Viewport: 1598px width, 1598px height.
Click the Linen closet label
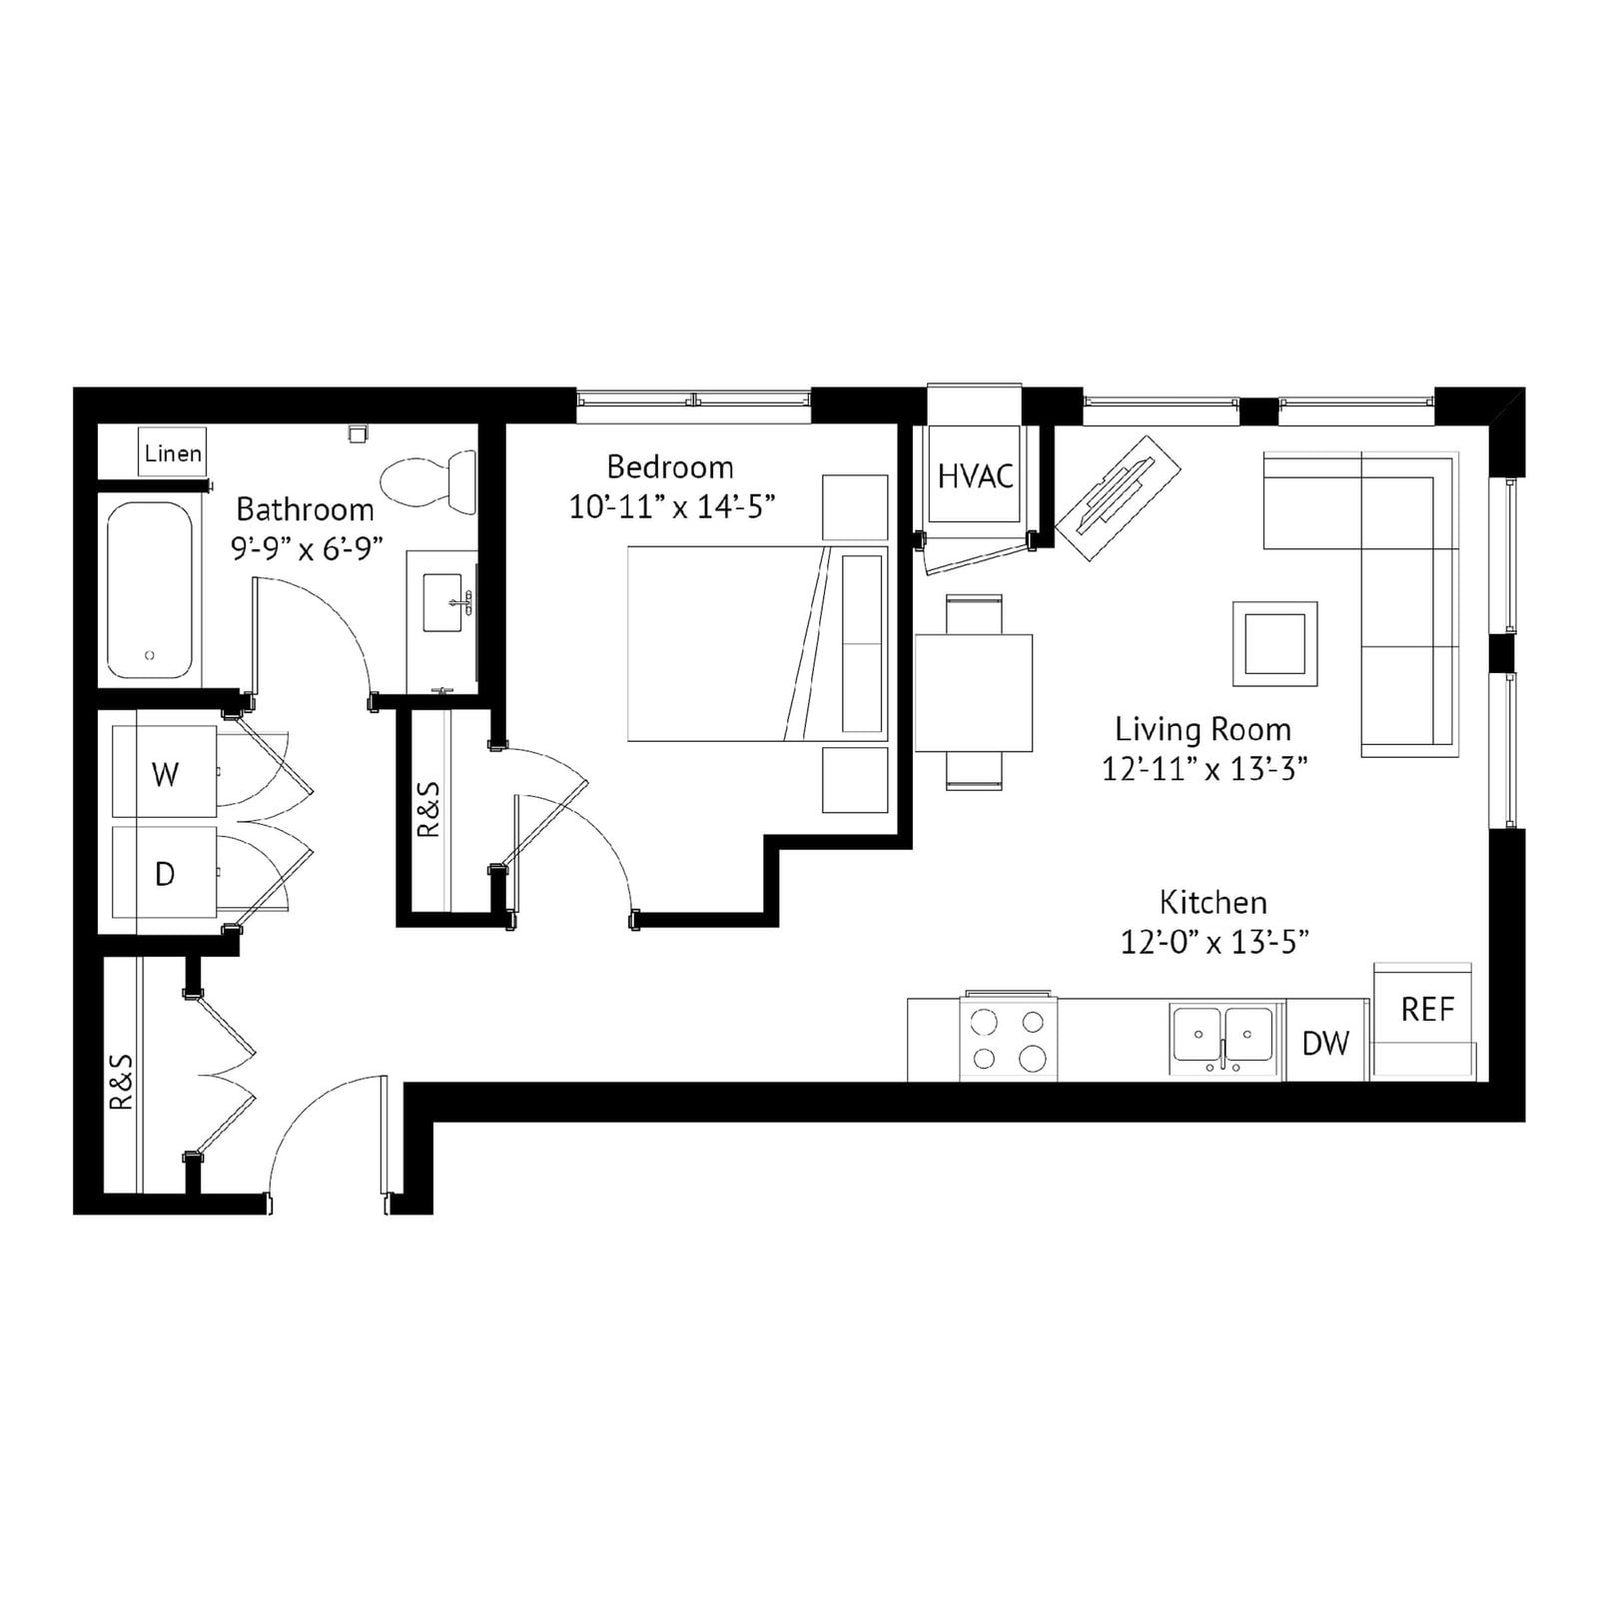(173, 453)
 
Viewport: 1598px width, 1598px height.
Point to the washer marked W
(165, 773)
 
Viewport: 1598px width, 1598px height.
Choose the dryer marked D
(165, 874)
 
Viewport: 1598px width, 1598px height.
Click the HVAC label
(975, 476)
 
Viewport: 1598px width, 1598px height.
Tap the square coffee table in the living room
(1274, 643)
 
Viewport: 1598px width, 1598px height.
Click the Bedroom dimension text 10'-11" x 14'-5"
(672, 507)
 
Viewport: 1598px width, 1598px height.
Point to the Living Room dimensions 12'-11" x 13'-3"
(1204, 769)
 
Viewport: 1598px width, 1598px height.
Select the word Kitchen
(1213, 902)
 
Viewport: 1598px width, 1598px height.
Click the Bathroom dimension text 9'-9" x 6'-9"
(307, 548)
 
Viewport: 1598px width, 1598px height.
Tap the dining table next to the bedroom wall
(974, 692)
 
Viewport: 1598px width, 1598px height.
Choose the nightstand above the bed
(855, 507)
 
